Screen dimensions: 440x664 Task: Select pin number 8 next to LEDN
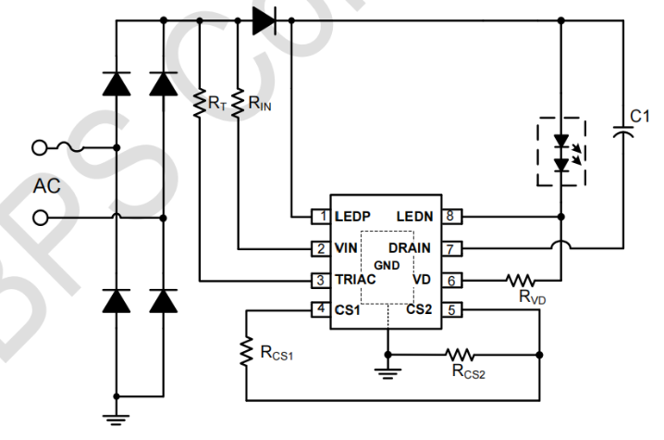pos(449,216)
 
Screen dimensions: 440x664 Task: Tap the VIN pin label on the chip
pos(345,248)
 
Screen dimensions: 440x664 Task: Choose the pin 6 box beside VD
pos(449,279)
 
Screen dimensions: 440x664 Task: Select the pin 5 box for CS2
pos(449,310)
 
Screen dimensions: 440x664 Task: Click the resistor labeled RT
pos(199,104)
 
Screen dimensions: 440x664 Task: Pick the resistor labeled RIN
pos(239,104)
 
